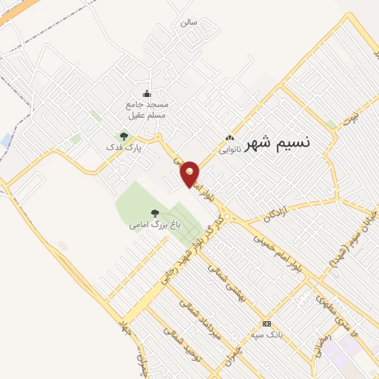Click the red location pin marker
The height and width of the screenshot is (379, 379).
point(190,173)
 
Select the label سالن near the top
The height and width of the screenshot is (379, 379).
point(188,22)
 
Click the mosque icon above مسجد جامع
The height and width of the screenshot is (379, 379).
point(147,93)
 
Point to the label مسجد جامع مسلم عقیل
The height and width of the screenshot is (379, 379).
point(147,110)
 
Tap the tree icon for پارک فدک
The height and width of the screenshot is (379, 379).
point(124,135)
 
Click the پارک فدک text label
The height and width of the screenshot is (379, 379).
point(124,147)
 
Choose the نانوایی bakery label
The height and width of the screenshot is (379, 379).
point(229,149)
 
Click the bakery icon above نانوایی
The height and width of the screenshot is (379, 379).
point(229,138)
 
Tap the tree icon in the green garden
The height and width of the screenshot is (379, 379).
point(154,213)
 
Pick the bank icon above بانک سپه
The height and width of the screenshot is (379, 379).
point(266,324)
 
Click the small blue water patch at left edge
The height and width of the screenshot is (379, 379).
point(6,139)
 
